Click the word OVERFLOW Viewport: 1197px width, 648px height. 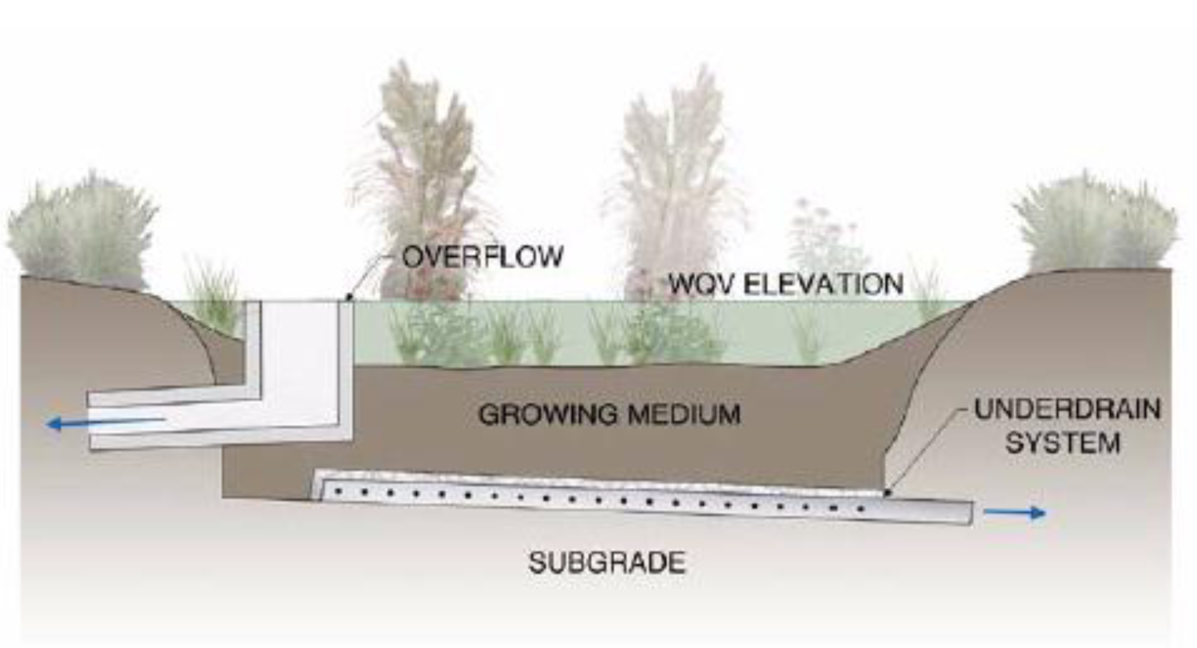point(483,257)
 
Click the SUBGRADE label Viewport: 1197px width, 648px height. point(607,563)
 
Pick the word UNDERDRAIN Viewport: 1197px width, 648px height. point(1067,410)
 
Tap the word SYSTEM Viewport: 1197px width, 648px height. point(1063,444)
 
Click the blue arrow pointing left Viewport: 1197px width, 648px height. point(106,423)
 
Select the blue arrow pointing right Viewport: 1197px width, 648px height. point(1014,513)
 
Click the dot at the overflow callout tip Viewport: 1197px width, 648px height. point(349,297)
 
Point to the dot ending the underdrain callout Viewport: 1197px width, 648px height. point(887,492)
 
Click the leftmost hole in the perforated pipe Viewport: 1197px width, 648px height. point(338,490)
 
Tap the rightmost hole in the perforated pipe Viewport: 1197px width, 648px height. point(860,509)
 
